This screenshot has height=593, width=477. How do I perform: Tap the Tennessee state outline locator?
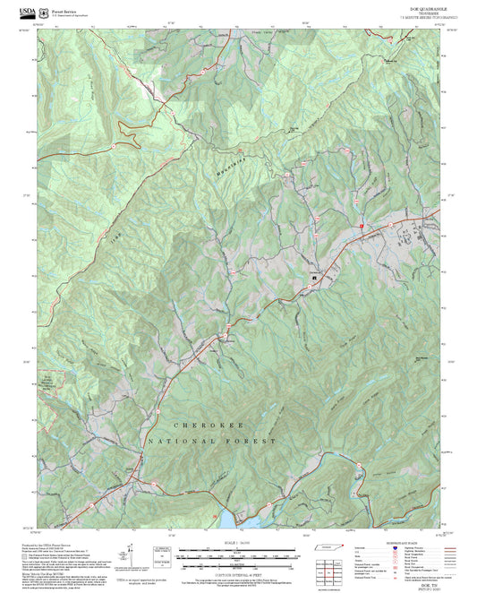click(330, 547)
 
